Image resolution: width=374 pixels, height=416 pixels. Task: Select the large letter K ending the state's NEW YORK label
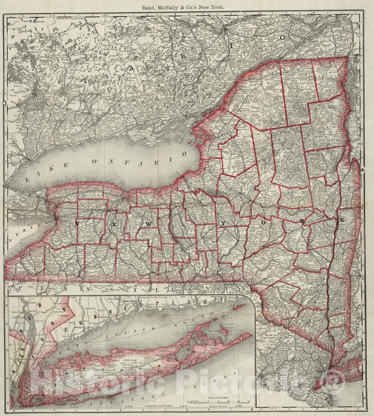[342, 221]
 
